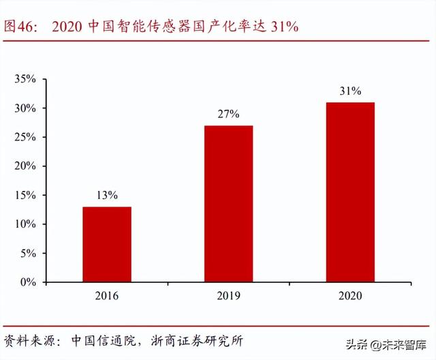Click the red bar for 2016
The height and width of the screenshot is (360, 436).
pyautogui.click(x=107, y=244)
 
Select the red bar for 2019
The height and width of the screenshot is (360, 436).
pyautogui.click(x=228, y=203)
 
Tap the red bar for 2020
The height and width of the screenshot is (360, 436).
pyautogui.click(x=350, y=192)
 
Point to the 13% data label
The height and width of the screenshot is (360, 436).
pyautogui.click(x=107, y=195)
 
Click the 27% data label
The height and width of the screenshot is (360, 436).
pyautogui.click(x=228, y=114)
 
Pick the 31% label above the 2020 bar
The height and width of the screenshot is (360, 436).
pyautogui.click(x=350, y=91)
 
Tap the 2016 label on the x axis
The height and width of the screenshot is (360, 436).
pyautogui.click(x=107, y=296)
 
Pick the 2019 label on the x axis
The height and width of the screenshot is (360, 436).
pyautogui.click(x=228, y=296)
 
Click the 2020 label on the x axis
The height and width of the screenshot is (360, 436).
pyautogui.click(x=350, y=296)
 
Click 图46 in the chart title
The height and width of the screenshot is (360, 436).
pyautogui.click(x=20, y=27)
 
